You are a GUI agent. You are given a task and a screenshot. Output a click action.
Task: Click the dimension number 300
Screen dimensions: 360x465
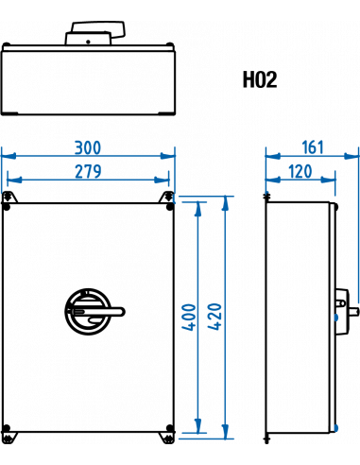[x=88, y=147]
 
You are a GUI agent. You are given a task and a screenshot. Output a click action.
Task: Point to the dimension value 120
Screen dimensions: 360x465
[x=300, y=171]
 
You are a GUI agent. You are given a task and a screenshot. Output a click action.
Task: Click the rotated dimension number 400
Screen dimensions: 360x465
[x=188, y=317]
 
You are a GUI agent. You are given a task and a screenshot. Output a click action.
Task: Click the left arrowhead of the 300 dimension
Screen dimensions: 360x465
[x=7, y=155]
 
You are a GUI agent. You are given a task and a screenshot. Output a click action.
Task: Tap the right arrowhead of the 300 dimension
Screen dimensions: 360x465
[x=169, y=155]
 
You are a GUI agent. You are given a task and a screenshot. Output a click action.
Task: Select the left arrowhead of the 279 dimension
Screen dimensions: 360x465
[x=10, y=179]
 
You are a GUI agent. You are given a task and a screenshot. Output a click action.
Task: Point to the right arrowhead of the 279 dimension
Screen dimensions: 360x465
[x=164, y=179]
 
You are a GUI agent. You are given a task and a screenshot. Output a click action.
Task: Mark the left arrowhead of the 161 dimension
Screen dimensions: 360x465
[x=270, y=155]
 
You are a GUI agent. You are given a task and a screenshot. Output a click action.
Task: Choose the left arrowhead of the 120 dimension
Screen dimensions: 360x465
[x=270, y=179]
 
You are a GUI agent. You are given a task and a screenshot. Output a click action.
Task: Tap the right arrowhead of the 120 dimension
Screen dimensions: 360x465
[x=331, y=179]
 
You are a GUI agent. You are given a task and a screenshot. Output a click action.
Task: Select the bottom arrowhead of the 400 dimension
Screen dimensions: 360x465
[x=197, y=424]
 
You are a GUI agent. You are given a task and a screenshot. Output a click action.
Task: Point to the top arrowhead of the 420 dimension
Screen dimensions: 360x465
[x=225, y=202]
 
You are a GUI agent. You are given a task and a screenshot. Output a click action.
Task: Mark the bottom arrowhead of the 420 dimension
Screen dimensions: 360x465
[x=225, y=432]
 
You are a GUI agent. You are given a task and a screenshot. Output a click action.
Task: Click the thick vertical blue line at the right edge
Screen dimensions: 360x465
[x=358, y=227]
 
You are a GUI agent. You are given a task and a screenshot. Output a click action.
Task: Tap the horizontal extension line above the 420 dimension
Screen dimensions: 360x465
[x=203, y=198]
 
